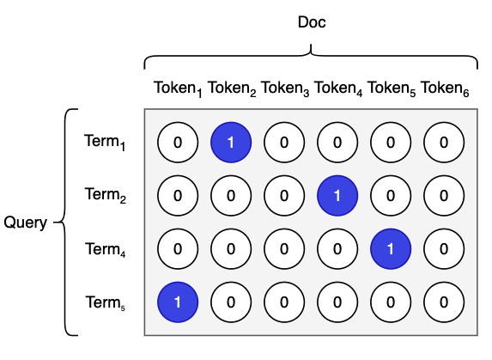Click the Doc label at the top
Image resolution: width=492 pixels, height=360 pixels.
pyautogui.click(x=312, y=22)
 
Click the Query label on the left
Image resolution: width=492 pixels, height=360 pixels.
pyautogui.click(x=26, y=223)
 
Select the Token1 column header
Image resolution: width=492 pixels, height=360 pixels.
pyautogui.click(x=178, y=88)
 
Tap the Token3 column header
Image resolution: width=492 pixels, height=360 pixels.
pyautogui.click(x=285, y=88)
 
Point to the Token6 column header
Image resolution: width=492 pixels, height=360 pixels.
pyautogui.click(x=445, y=88)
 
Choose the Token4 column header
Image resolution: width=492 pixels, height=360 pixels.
pyautogui.click(x=338, y=88)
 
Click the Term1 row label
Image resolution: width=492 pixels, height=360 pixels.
pyautogui.click(x=105, y=142)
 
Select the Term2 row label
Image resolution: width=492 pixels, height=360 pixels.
pyautogui.click(x=106, y=194)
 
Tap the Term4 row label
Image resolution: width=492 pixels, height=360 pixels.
pyautogui.click(x=106, y=249)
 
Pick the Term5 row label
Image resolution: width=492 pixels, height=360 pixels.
pyautogui.click(x=106, y=302)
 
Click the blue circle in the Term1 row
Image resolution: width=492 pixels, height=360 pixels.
pyautogui.click(x=231, y=143)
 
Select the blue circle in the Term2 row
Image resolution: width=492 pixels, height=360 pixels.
pyautogui.click(x=337, y=196)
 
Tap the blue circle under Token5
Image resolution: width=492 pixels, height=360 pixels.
pyautogui.click(x=391, y=249)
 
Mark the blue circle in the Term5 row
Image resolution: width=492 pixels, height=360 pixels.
pyautogui.click(x=178, y=302)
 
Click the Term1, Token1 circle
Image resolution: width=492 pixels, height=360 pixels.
pyautogui.click(x=178, y=143)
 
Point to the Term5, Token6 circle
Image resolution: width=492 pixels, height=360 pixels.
pyautogui.click(x=444, y=302)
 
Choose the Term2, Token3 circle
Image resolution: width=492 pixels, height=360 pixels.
pyautogui.click(x=284, y=196)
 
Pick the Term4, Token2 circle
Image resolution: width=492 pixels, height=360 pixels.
pyautogui.click(x=231, y=249)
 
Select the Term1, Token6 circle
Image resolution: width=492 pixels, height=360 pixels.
pyautogui.click(x=444, y=143)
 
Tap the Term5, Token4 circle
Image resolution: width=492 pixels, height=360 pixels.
pyautogui.click(x=337, y=302)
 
